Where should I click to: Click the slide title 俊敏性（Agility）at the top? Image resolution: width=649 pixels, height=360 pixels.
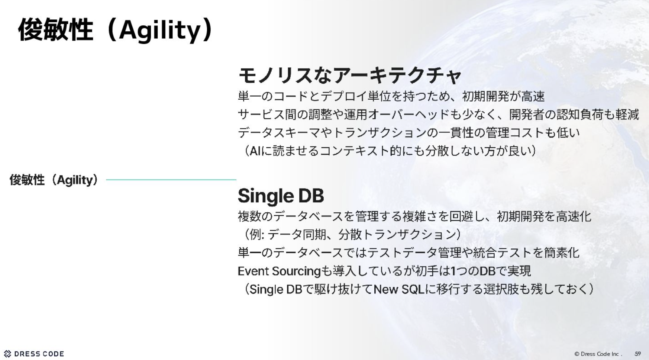pos(116,30)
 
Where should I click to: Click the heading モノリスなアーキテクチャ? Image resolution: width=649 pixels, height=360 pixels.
pos(349,75)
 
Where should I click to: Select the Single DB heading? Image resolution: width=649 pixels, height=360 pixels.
pos(281,196)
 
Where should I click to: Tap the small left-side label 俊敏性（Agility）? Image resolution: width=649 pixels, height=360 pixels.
pos(54,180)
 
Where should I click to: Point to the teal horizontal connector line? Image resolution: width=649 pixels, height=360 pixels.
pos(171,180)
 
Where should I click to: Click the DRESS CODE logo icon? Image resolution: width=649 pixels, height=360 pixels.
pos(7,354)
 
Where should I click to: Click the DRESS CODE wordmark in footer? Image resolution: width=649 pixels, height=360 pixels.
pos(39,354)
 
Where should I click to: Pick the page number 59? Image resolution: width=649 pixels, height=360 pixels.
pos(638,354)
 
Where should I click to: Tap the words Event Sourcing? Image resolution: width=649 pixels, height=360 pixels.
pos(279,271)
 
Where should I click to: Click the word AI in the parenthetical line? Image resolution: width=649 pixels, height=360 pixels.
pos(255,151)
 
